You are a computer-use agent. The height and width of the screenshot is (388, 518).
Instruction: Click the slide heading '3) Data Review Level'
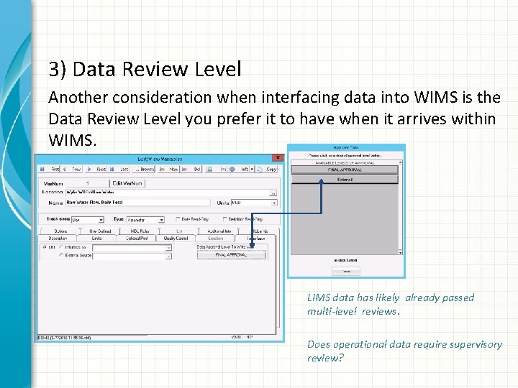coord(145,70)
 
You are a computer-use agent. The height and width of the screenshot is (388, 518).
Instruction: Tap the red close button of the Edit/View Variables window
coord(278,158)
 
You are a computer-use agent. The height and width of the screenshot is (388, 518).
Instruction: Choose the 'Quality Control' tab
coord(176,239)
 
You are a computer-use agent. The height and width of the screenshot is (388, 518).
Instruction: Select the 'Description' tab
coord(58,239)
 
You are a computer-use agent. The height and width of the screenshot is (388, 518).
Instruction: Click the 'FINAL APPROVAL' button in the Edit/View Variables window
coord(231,254)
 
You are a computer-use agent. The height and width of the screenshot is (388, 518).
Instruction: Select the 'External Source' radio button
coord(61,255)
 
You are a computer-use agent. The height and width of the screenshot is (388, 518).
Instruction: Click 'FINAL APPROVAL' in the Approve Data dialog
coord(346,170)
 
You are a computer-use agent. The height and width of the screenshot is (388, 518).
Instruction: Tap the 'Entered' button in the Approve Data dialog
coord(346,179)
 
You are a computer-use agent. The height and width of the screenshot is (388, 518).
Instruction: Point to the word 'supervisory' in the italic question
coord(476,344)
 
